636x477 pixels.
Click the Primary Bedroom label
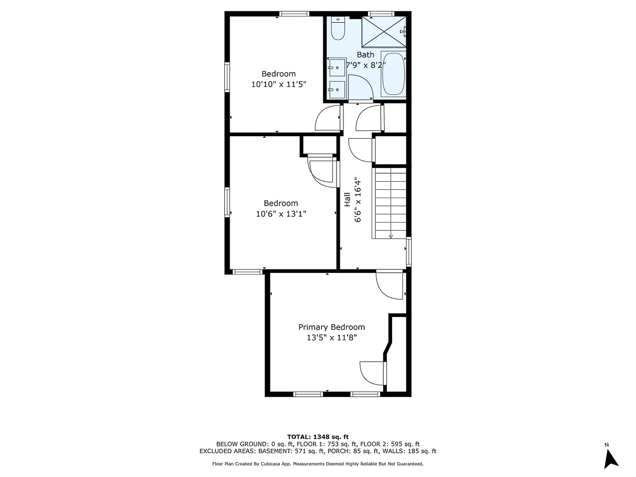pyautogui.click(x=331, y=327)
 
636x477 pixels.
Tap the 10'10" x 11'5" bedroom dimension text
pyautogui.click(x=279, y=84)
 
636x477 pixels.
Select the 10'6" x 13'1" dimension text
pyautogui.click(x=281, y=214)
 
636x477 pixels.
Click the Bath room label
pyautogui.click(x=365, y=55)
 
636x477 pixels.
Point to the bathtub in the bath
pyautogui.click(x=393, y=74)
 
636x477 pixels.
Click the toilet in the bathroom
pyautogui.click(x=338, y=29)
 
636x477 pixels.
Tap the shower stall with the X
pyautogui.click(x=383, y=32)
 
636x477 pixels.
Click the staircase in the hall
pyautogui.click(x=390, y=202)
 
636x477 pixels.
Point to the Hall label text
pyautogui.click(x=347, y=199)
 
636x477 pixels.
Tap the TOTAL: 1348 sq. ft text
pyautogui.click(x=317, y=436)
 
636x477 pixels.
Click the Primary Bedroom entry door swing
pyautogui.click(x=389, y=285)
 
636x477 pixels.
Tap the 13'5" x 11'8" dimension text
pyautogui.click(x=331, y=338)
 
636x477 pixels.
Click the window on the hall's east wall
pyautogui.click(x=409, y=251)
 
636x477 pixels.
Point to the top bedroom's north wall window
pyautogui.click(x=294, y=14)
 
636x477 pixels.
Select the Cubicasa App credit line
pyautogui.click(x=317, y=463)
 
